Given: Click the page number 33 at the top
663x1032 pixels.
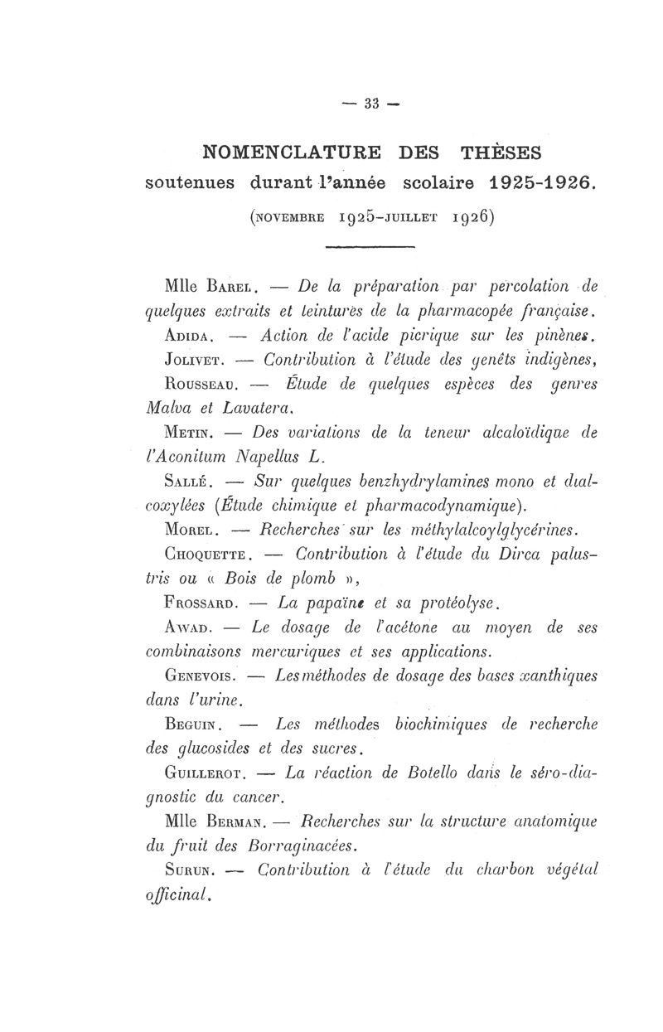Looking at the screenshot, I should (x=370, y=103).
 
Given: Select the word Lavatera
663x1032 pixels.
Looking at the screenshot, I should (x=262, y=408).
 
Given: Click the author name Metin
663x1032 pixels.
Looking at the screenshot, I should (x=191, y=432).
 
